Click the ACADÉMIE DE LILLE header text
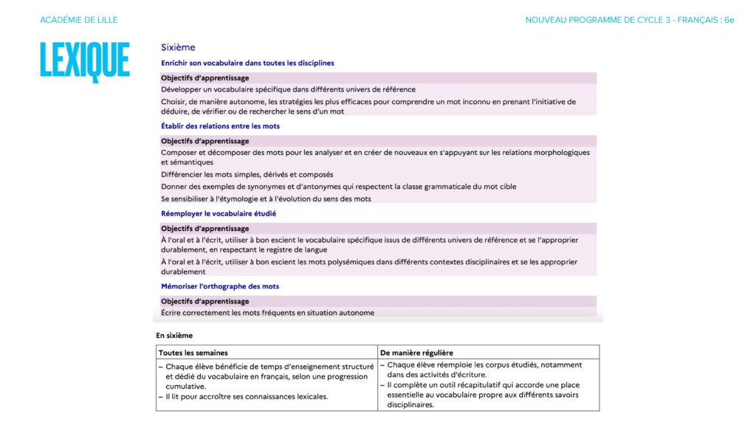(x=79, y=20)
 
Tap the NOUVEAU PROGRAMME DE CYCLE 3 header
(x=629, y=20)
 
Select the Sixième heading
(x=178, y=47)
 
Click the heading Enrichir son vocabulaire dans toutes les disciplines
(x=247, y=63)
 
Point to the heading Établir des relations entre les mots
(x=220, y=126)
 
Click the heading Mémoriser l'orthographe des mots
(x=220, y=286)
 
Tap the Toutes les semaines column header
(x=193, y=353)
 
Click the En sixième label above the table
(x=174, y=335)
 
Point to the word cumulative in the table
(x=185, y=386)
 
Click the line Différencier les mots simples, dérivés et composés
(x=247, y=175)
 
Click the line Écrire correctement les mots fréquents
(x=267, y=313)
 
